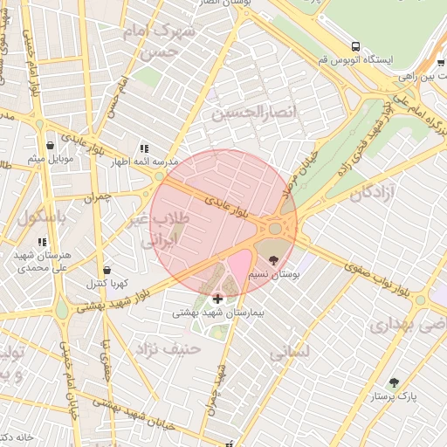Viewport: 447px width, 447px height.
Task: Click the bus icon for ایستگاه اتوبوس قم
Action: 355,46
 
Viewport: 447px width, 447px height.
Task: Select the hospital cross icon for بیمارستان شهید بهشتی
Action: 217,299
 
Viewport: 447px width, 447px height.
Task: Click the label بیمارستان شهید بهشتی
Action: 218,312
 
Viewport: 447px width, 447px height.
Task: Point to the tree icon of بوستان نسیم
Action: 274,259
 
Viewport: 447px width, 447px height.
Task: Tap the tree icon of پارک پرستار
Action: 394,382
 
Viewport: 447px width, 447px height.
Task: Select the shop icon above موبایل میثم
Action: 50,145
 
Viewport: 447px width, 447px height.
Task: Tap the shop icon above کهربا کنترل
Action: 107,270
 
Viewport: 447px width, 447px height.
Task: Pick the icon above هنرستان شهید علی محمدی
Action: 41,241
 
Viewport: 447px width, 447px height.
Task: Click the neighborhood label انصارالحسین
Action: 254,113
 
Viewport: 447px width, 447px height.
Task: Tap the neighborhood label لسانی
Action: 292,353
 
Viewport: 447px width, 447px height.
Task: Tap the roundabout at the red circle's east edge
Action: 276,228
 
